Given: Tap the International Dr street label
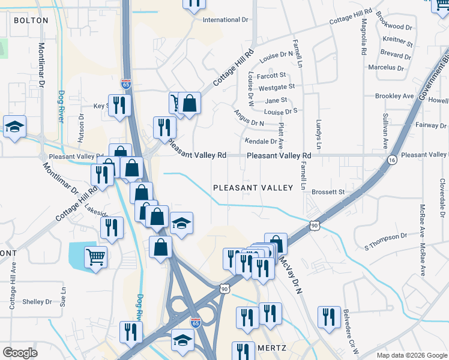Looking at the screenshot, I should point(225,20).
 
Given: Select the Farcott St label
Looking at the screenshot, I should point(271,76).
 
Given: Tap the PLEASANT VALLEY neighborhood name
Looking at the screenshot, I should point(253,188).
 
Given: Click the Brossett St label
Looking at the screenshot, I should point(328,192).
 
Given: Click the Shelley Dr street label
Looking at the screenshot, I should point(37,302).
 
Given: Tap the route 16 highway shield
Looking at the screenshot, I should point(392,160).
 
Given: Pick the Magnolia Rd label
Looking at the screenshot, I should point(364,38).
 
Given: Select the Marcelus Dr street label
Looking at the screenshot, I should point(387,68).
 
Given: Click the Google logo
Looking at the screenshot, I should point(20,353).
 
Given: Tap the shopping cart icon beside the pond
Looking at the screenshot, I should point(95,258).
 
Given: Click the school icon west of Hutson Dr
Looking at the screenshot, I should point(14,127).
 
